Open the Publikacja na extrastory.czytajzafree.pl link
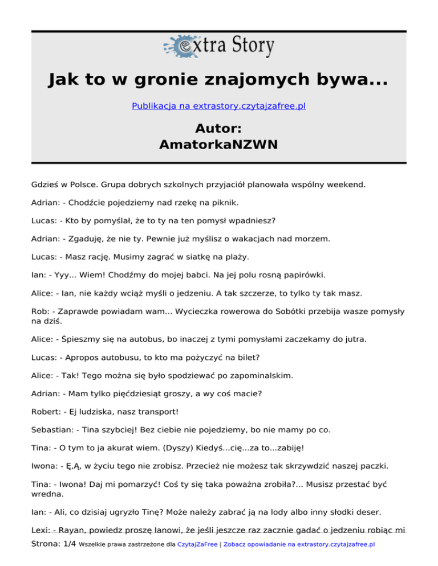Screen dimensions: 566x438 point(219,106)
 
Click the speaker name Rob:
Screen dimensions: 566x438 point(40,311)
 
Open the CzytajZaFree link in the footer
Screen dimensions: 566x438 point(197,544)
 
